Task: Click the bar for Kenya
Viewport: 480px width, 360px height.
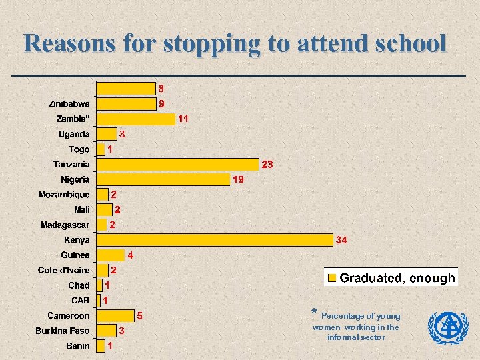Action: tap(215, 240)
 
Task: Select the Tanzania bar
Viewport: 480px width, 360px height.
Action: tap(177, 164)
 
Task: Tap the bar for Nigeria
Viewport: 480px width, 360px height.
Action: tap(163, 179)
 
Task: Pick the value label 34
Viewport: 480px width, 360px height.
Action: tap(341, 240)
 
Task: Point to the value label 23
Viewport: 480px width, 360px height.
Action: tap(267, 164)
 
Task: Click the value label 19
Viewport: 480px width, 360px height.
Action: tap(238, 179)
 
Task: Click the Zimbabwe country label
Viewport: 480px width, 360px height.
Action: tap(69, 104)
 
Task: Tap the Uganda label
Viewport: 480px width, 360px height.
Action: tap(74, 134)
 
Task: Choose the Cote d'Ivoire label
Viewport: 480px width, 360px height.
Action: tap(64, 270)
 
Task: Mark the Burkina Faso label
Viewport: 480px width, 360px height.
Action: tap(63, 331)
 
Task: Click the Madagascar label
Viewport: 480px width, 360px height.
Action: tap(65, 225)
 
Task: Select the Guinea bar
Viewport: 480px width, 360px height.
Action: tap(111, 255)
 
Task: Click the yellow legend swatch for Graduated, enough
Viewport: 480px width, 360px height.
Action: tap(332, 278)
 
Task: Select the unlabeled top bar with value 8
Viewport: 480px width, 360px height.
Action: tap(126, 88)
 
